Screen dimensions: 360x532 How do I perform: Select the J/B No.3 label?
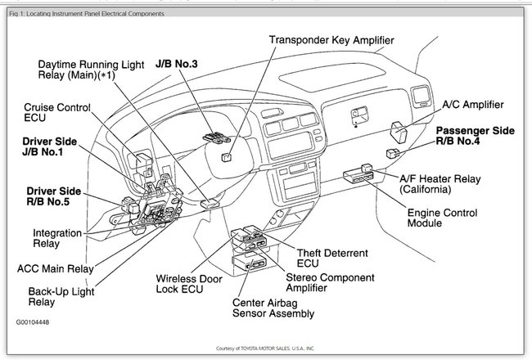[x=176, y=61]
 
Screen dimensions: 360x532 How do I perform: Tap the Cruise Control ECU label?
[x=56, y=113]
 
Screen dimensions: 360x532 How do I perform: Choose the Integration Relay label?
[x=56, y=237]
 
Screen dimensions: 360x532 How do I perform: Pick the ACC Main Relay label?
[x=56, y=268]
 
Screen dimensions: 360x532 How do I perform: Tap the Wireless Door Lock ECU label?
[x=192, y=284]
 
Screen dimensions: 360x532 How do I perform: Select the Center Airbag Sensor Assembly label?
[x=273, y=308]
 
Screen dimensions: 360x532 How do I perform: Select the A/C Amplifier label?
[x=472, y=105]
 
